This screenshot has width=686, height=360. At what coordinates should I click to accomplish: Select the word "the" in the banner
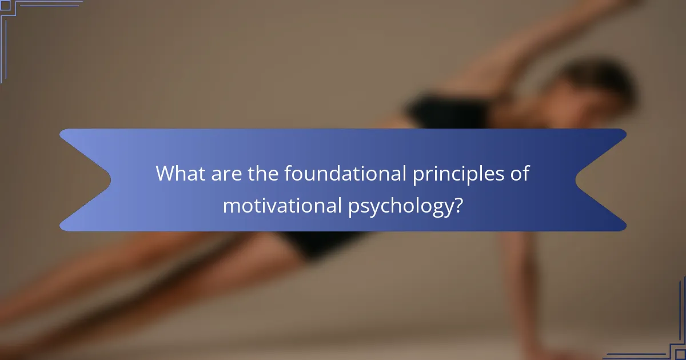(x=264, y=173)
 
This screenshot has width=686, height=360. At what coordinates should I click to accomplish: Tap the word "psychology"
(x=395, y=206)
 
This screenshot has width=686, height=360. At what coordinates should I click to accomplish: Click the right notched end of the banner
(x=600, y=180)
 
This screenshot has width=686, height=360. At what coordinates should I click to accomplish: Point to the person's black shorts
(x=320, y=243)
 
